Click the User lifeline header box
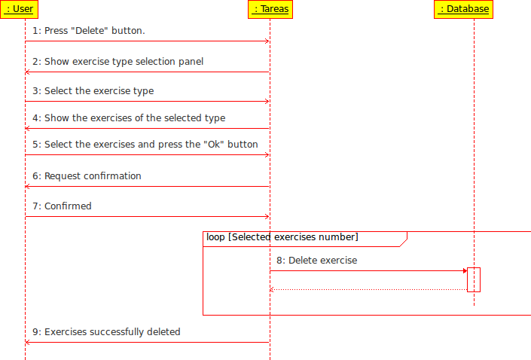point(19,9)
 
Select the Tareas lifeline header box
point(270,9)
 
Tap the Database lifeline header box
point(463,9)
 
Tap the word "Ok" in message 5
point(214,145)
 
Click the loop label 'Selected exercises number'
point(294,237)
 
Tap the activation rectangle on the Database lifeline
point(474,279)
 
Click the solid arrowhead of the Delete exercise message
point(465,271)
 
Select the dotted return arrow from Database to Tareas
point(368,289)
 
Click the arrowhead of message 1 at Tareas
point(267,41)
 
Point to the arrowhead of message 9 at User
point(28,343)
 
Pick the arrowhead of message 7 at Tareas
point(267,217)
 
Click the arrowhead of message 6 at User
point(28,187)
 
